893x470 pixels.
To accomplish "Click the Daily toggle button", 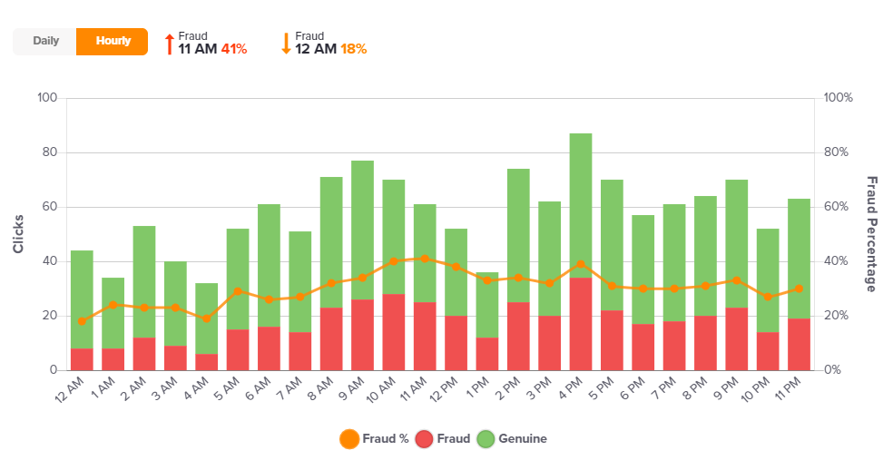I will (45, 41).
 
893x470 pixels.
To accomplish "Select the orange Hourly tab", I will (113, 41).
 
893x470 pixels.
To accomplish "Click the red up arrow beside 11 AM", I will (169, 44).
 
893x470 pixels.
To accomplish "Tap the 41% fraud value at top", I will (234, 49).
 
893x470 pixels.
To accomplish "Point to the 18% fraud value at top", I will (353, 49).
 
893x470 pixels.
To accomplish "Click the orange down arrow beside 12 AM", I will (286, 44).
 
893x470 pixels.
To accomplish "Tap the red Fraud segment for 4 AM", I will (207, 362).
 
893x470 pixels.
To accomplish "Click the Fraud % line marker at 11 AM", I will (425, 259).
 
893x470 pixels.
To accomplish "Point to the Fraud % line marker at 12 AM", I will (82, 321).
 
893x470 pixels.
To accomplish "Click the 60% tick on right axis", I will (838, 207).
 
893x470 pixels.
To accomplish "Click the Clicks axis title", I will (18, 234).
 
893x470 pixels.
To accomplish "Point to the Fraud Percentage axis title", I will (871, 234).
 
